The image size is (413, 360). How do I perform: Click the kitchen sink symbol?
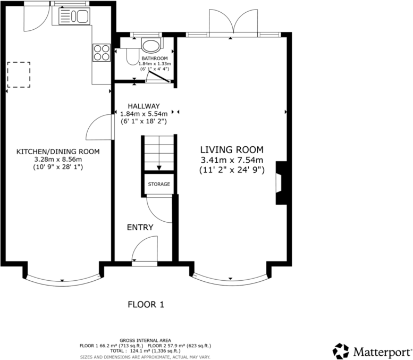pyautogui.click(x=74, y=16)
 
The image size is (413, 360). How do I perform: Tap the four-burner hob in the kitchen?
pyautogui.click(x=102, y=53)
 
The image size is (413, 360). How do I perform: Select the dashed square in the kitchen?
pyautogui.click(x=19, y=74)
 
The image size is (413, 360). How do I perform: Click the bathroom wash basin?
pyautogui.click(x=150, y=45)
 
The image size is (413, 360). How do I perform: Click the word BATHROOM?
pyautogui.click(x=155, y=58)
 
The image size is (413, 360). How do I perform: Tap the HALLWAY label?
pyautogui.click(x=144, y=106)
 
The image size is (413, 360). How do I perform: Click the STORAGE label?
pyautogui.click(x=159, y=184)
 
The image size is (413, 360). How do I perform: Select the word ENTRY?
pyautogui.click(x=140, y=228)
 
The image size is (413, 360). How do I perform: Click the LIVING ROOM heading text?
pyautogui.click(x=232, y=150)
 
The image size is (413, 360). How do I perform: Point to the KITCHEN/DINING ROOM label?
pyautogui.click(x=58, y=152)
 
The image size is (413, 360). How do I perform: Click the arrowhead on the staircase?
pyautogui.click(x=159, y=168)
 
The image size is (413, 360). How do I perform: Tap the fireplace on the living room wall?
pyautogui.click(x=281, y=183)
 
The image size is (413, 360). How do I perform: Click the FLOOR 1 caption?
pyautogui.click(x=146, y=305)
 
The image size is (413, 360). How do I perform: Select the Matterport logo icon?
pyautogui.click(x=341, y=351)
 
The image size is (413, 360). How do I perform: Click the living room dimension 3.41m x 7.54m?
pyautogui.click(x=232, y=160)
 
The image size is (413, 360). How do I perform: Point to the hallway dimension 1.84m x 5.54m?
pyautogui.click(x=144, y=114)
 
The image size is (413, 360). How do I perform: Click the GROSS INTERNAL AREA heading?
pyautogui.click(x=145, y=340)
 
